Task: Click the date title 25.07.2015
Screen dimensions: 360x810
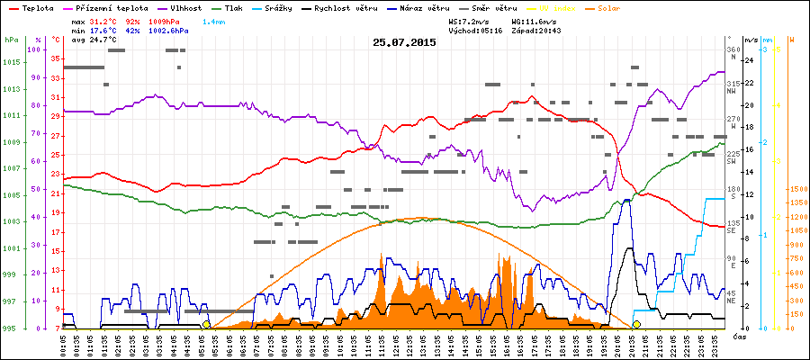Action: click(x=404, y=42)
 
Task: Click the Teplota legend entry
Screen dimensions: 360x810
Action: click(x=37, y=7)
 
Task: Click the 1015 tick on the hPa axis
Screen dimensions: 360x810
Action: click(x=10, y=62)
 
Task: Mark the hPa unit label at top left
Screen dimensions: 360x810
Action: click(x=11, y=40)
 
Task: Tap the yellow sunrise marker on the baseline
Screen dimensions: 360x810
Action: click(x=206, y=324)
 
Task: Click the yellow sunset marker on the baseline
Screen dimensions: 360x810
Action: click(x=636, y=324)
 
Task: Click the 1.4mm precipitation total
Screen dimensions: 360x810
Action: click(x=214, y=20)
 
